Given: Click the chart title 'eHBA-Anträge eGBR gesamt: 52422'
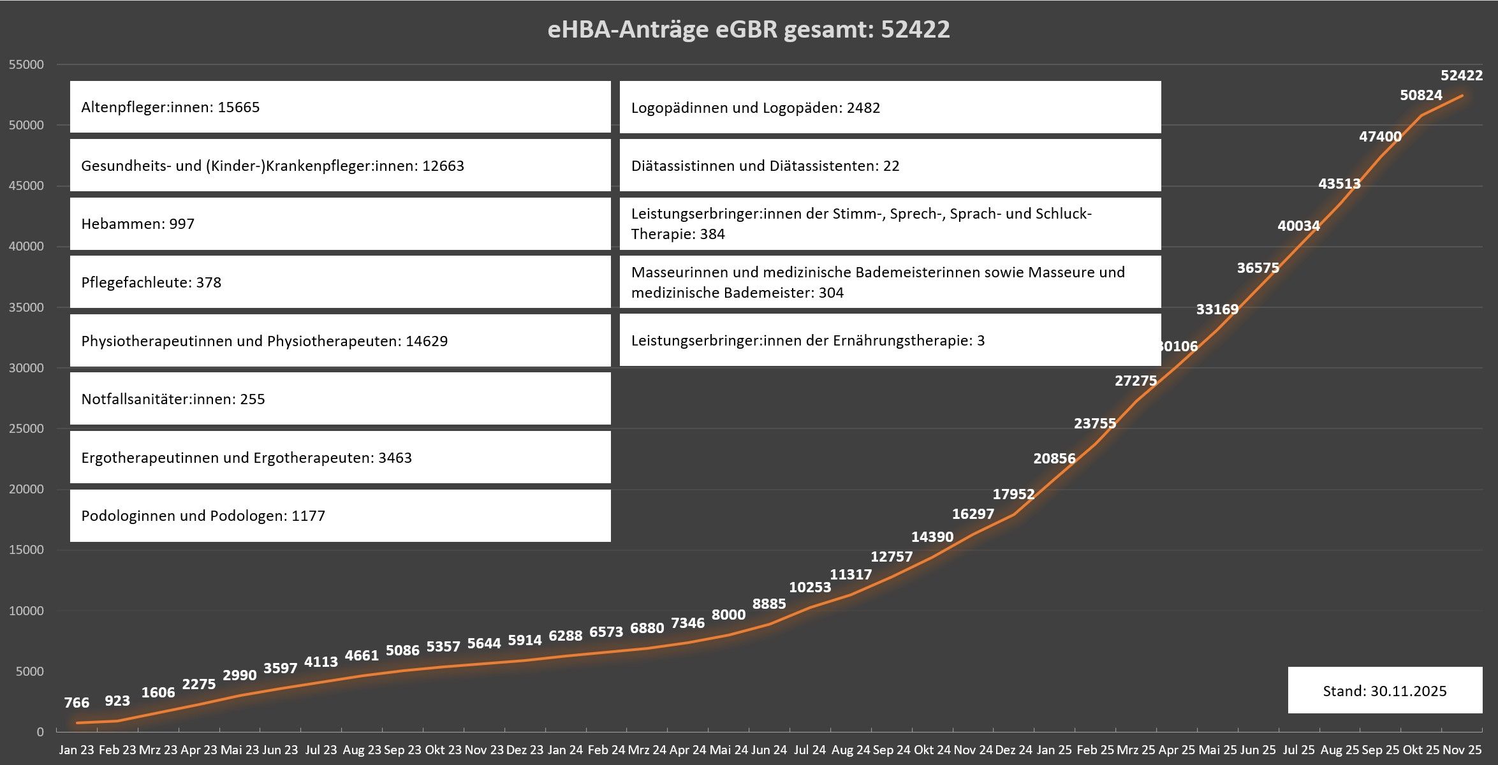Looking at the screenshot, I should pyautogui.click(x=749, y=30).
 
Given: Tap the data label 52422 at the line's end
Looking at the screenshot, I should pyautogui.click(x=1462, y=76).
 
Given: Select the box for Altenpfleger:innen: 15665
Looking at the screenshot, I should pyautogui.click(x=340, y=107).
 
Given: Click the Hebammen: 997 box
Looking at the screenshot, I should pyautogui.click(x=340, y=224).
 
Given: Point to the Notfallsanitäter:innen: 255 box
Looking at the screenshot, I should pyautogui.click(x=340, y=399).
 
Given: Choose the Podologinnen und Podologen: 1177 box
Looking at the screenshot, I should pyautogui.click(x=340, y=516).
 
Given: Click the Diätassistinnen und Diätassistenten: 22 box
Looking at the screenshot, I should pyautogui.click(x=890, y=166).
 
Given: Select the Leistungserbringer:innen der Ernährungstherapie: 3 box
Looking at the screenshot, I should pyautogui.click(x=890, y=340).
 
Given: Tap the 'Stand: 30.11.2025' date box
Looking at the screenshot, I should pyautogui.click(x=1384, y=691).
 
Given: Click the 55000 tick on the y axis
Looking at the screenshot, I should pyautogui.click(x=27, y=64).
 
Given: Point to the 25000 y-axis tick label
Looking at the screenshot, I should pyautogui.click(x=27, y=428).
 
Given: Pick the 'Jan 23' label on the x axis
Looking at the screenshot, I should pyautogui.click(x=77, y=750).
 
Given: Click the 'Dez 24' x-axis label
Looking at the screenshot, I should pyautogui.click(x=1014, y=750).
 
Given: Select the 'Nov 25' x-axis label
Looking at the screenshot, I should pyautogui.click(x=1462, y=750).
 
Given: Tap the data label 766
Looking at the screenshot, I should pyautogui.click(x=77, y=703).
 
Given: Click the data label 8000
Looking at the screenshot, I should pyautogui.click(x=728, y=615).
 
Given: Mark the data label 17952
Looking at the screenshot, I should pyautogui.click(x=1013, y=494).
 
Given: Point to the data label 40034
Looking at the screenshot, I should pyautogui.click(x=1298, y=226).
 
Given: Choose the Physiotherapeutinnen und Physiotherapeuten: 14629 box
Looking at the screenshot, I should pyautogui.click(x=340, y=341).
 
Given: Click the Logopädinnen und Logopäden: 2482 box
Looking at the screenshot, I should pyautogui.click(x=890, y=108).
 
